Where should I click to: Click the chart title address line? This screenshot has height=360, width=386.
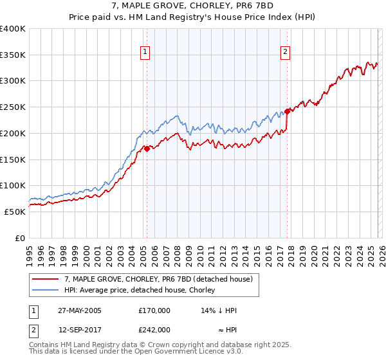click(193, 6)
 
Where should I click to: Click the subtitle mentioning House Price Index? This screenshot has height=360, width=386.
click(193, 17)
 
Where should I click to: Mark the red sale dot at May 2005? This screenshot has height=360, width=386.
click(147, 148)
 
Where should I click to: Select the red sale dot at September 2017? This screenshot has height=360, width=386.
click(287, 111)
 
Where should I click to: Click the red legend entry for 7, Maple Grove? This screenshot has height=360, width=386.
click(160, 279)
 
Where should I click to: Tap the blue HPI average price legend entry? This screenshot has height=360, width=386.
click(142, 290)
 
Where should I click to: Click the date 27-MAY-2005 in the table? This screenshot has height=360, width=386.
click(80, 310)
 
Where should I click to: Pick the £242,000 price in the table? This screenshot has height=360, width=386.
click(154, 329)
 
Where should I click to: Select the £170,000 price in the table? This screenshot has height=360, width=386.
click(154, 310)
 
